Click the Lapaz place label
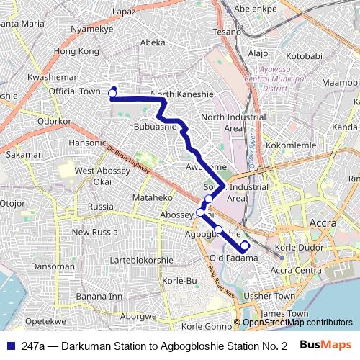pos(123,12)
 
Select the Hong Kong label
pos(76,51)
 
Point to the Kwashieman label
pos(53,77)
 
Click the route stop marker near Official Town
pos(112,94)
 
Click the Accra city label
pos(322,224)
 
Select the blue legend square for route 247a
pos(10,346)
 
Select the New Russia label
pos(94,232)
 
